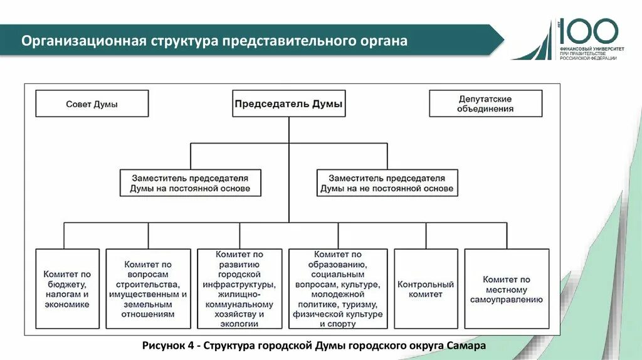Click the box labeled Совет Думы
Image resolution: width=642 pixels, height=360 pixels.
(92, 103)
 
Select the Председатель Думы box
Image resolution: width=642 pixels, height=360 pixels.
(288, 103)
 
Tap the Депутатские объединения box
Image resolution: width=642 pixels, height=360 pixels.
(485, 103)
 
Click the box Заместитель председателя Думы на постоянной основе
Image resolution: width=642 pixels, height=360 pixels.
(190, 183)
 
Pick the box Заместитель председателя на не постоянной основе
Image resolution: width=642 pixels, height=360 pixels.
(386, 183)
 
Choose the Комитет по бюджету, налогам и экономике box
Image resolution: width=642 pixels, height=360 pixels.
(67, 289)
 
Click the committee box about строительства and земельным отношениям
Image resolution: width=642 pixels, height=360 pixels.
(149, 289)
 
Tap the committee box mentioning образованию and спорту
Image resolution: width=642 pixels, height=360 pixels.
(339, 289)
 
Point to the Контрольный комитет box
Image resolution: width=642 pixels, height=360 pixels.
(426, 289)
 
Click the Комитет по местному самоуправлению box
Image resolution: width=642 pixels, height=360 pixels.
(507, 289)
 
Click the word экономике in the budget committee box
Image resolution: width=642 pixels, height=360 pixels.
(67, 304)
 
